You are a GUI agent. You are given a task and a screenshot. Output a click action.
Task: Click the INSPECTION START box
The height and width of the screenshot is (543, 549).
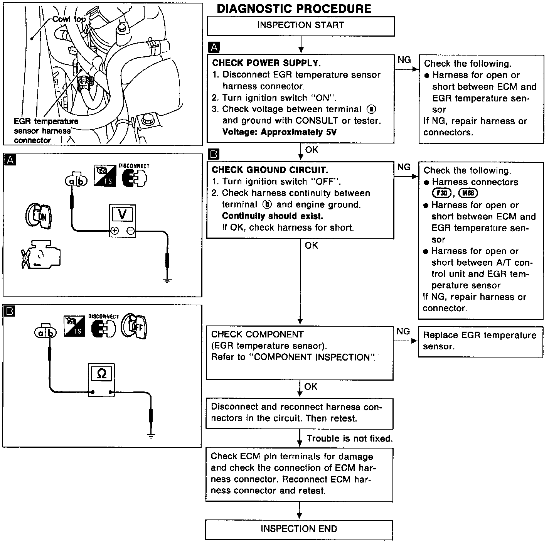300,25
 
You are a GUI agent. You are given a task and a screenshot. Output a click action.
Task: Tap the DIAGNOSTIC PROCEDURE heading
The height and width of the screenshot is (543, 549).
294,8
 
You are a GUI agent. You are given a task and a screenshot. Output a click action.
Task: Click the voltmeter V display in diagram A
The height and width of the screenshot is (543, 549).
122,214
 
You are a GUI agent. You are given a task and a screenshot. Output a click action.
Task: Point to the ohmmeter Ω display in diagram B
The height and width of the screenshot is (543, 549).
101,373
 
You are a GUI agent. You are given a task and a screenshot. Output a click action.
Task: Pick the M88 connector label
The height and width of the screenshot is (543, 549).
468,193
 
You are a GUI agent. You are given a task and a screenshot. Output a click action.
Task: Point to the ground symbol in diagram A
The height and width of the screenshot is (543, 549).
167,280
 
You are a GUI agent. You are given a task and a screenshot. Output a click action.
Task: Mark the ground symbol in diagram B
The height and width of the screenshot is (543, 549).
151,436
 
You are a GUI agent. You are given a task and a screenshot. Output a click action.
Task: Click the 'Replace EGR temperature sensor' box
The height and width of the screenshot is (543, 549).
480,341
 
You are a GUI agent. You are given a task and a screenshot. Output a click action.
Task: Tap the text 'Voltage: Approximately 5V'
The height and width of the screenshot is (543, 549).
280,132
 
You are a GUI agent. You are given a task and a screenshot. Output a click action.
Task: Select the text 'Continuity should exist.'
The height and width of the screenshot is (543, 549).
272,216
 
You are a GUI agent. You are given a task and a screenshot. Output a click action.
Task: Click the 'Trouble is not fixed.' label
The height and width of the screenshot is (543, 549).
349,438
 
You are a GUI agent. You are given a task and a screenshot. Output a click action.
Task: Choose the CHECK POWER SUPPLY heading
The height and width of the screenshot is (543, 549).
266,63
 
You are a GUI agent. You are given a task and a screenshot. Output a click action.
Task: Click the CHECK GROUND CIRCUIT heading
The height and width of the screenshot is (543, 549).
270,170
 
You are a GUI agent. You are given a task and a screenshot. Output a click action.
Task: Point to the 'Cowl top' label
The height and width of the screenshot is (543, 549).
69,19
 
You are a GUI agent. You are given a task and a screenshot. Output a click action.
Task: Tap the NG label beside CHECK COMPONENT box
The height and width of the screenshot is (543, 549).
403,332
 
